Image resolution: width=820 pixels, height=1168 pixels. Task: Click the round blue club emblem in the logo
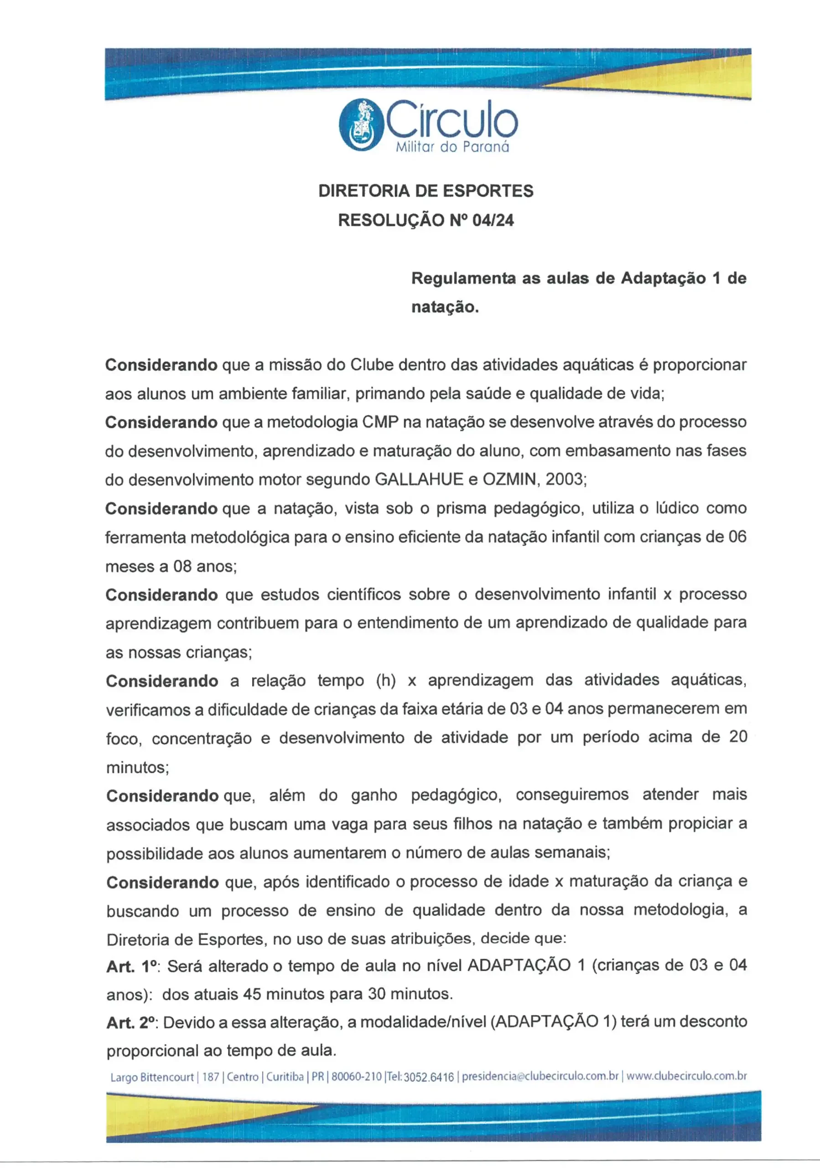pos(360,125)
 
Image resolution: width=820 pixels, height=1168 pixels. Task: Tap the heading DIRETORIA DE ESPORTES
pos(426,191)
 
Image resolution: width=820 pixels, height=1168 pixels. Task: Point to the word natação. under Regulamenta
pos(445,307)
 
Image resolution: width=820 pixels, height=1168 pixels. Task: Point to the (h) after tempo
pos(386,680)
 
